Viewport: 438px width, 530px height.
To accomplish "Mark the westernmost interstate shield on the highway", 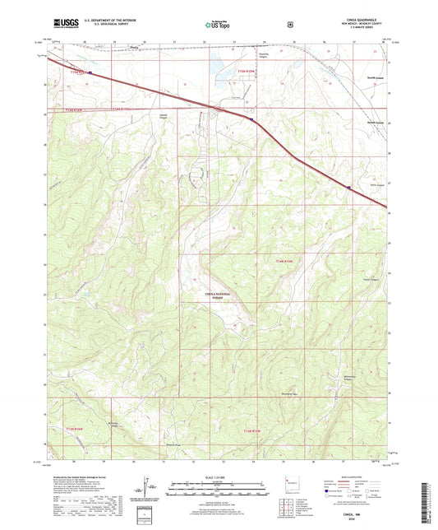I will point(90,72).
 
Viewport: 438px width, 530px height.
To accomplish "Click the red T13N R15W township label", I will point(257,430).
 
